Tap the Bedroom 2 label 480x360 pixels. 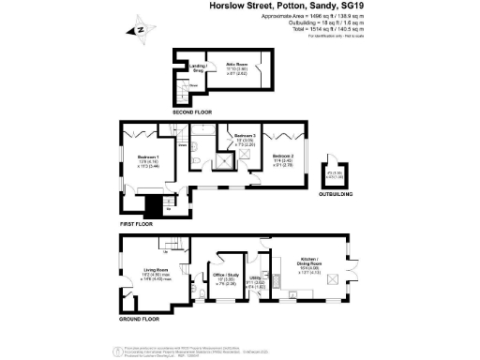point(285,157)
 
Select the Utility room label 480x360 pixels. point(255,290)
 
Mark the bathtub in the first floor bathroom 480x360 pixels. point(202,130)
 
